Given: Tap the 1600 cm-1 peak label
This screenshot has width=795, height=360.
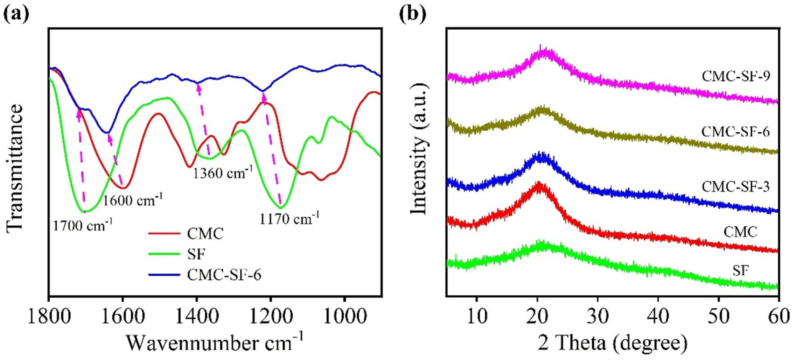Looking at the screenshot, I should pyautogui.click(x=133, y=201).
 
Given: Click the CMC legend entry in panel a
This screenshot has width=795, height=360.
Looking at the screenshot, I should pyautogui.click(x=205, y=234).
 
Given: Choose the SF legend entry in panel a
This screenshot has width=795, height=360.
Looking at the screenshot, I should pyautogui.click(x=196, y=254).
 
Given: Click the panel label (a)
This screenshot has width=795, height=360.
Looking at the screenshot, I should pyautogui.click(x=16, y=14).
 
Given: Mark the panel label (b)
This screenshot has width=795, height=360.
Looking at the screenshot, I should pyautogui.click(x=413, y=14).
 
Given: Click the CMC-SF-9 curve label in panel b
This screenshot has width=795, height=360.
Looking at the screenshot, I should pyautogui.click(x=736, y=76).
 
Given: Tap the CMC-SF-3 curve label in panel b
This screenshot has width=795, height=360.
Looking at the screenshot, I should pyautogui.click(x=736, y=187).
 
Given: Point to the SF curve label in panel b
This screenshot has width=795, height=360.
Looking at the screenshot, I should pyautogui.click(x=741, y=271).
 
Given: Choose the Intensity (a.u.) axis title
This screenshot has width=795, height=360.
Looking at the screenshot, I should pyautogui.click(x=419, y=149).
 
